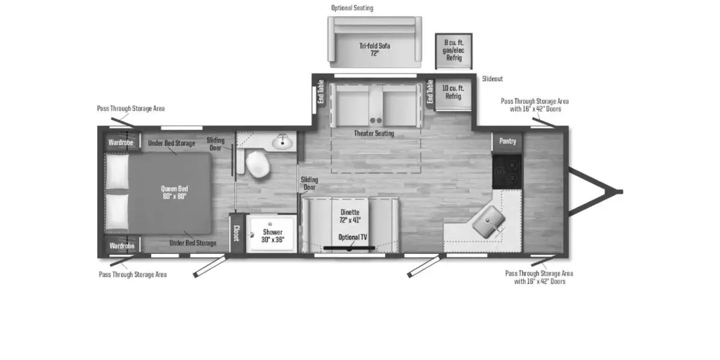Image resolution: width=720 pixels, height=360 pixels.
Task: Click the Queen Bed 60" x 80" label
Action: tap(174, 193)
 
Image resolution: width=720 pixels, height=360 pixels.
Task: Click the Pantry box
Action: tap(507, 142)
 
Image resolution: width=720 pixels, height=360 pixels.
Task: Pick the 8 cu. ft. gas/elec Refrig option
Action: tap(454, 50)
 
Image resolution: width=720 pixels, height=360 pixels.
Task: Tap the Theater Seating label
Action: tap(374, 133)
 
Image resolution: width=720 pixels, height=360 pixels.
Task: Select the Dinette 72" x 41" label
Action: tap(350, 216)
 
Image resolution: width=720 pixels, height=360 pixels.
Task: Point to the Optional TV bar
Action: tap(349, 247)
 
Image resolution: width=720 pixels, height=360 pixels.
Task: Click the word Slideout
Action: tap(493, 79)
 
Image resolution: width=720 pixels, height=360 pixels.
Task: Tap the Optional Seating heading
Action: tap(352, 8)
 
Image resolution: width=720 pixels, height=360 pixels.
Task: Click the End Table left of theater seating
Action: tap(320, 92)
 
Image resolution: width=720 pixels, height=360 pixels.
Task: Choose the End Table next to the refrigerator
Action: tap(430, 92)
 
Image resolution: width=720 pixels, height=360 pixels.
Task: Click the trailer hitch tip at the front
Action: tap(620, 191)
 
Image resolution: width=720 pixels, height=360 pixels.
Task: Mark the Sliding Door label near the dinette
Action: tap(309, 184)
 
